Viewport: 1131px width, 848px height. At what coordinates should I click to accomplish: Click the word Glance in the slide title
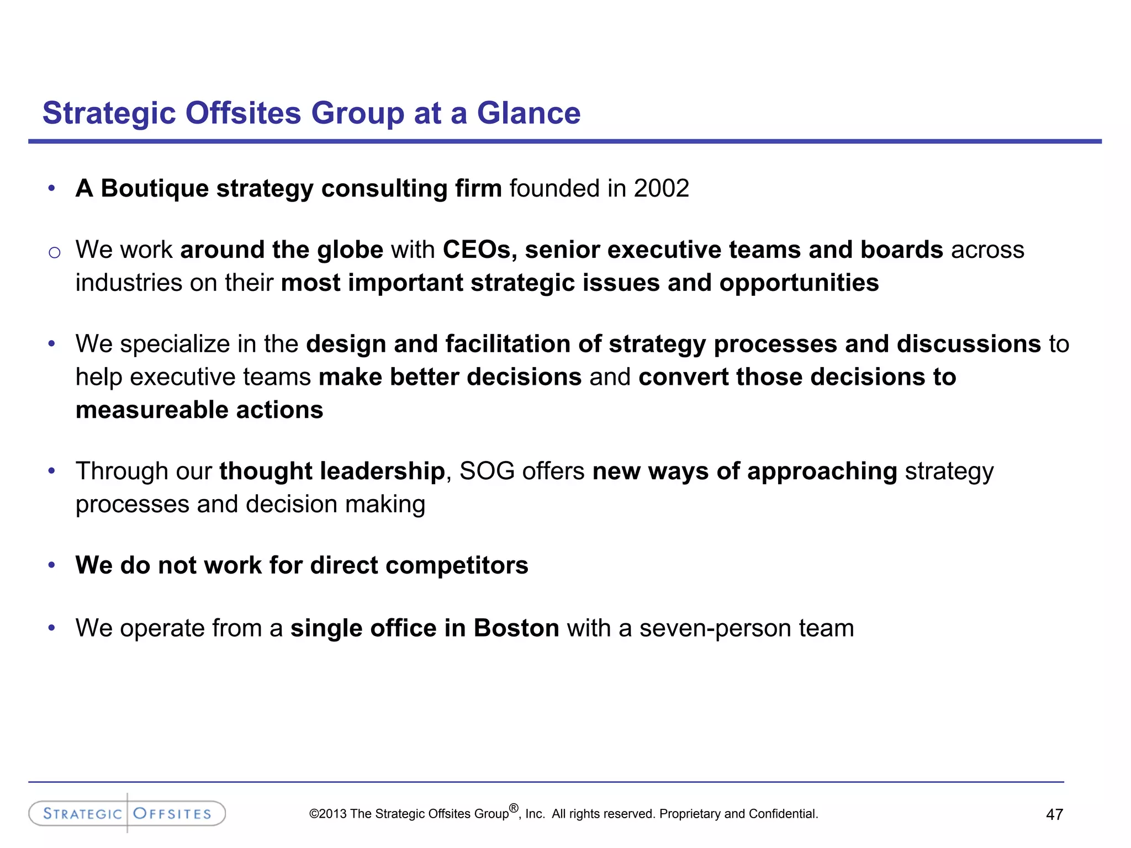[528, 113]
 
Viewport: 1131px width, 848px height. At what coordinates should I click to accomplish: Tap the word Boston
[516, 628]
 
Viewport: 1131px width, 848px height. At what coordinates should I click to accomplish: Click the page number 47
[1054, 814]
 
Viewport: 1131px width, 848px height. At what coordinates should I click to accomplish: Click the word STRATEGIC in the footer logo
[82, 814]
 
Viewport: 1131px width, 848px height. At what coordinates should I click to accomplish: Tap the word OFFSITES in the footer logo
[172, 814]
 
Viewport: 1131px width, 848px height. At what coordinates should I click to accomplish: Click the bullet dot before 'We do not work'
[52, 565]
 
